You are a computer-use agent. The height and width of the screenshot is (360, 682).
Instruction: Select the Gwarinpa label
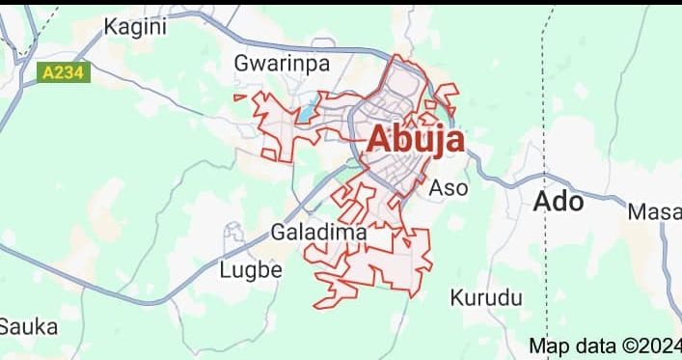(282, 63)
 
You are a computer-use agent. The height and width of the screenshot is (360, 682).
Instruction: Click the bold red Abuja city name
(415, 140)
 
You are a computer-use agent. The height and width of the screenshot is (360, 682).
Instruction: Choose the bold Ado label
(559, 203)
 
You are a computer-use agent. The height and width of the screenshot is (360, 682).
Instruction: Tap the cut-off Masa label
(655, 211)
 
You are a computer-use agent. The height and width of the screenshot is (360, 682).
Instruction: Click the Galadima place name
(318, 233)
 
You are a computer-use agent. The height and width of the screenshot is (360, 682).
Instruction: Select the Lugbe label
(251, 270)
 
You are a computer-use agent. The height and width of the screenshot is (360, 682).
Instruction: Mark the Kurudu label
(486, 296)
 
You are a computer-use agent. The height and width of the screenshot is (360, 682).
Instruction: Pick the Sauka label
(28, 326)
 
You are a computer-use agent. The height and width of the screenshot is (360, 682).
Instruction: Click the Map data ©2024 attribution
(605, 346)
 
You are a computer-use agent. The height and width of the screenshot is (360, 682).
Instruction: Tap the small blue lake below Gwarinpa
(307, 113)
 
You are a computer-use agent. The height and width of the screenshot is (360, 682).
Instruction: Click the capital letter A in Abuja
(379, 140)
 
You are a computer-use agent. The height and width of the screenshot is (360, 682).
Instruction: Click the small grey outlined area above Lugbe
(232, 231)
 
